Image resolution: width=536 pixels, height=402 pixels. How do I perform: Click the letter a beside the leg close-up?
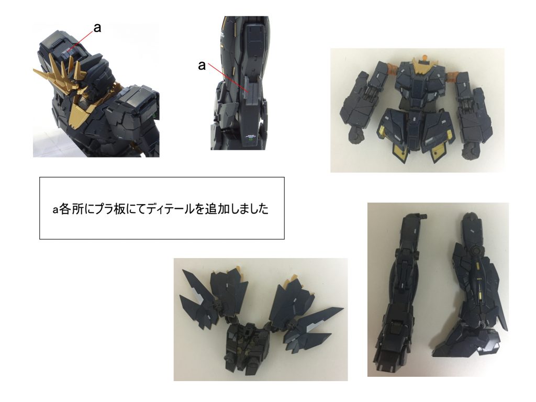(x=202, y=65)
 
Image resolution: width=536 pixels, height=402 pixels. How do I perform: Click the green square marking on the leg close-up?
(x=251, y=139)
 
